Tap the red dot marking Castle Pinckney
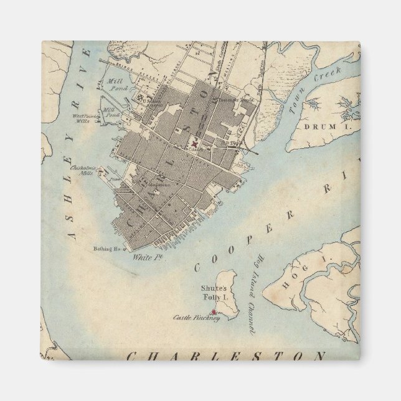214,312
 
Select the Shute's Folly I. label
215,293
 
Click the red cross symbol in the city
194,143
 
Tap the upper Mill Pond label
116,84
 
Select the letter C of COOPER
197,268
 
